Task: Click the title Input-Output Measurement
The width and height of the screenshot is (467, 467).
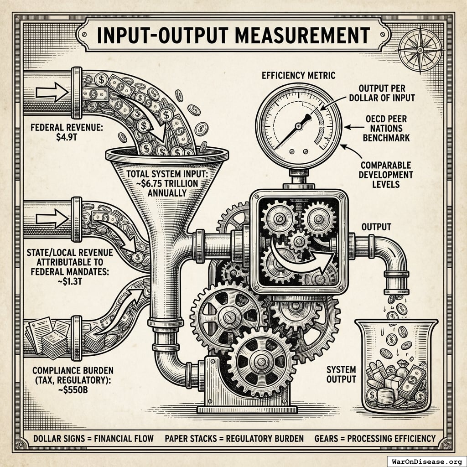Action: pos(233,35)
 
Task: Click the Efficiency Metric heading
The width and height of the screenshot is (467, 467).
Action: pos(299,76)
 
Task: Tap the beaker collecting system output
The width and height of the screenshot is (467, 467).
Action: pos(396,365)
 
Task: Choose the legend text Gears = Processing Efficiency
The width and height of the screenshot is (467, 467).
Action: pos(375,439)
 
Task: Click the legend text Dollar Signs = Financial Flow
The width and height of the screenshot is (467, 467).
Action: pos(93,439)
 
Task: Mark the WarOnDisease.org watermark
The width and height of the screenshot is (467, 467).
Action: pos(426,461)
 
